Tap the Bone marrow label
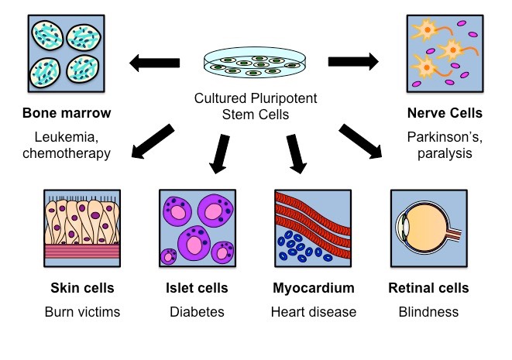[67, 114]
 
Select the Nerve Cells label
[445, 114]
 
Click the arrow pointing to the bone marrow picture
[154, 63]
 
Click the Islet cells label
[197, 289]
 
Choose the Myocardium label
[313, 289]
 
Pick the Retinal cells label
[428, 289]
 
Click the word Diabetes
[197, 312]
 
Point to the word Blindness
[428, 312]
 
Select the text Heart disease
[313, 312]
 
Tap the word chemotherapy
[67, 153]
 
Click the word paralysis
[445, 153]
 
